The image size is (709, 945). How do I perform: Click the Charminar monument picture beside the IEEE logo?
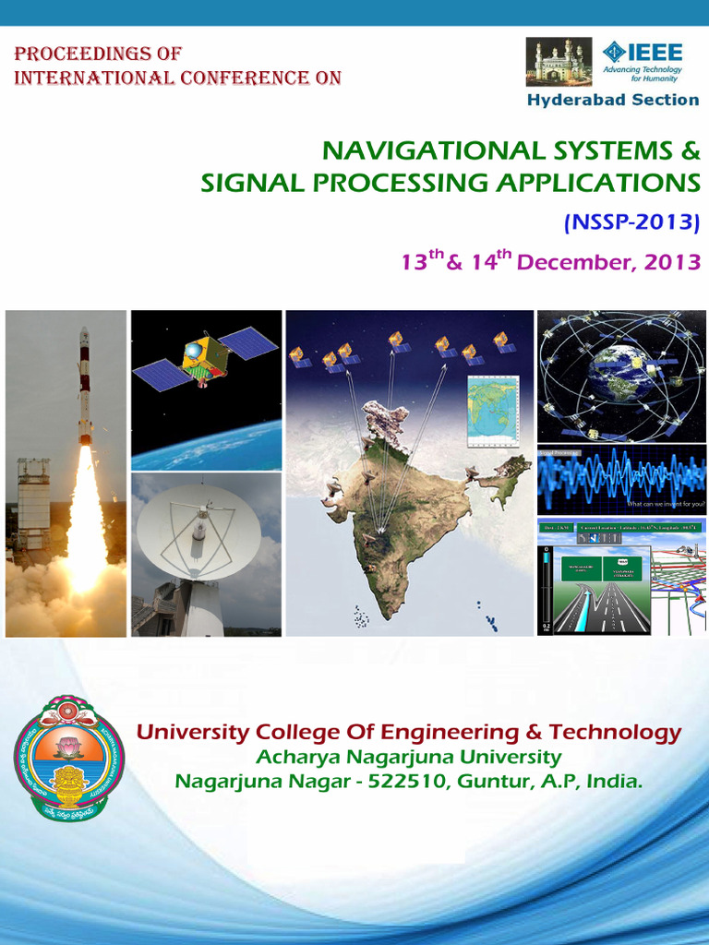pyautogui.click(x=559, y=62)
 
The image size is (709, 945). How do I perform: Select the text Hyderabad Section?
pyautogui.click(x=612, y=100)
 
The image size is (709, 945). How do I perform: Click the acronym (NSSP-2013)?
pyautogui.click(x=631, y=221)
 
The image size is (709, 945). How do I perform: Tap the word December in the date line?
pyautogui.click(x=572, y=262)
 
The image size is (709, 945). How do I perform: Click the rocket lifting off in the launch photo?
pyautogui.click(x=84, y=388)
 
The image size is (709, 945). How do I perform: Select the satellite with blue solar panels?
pyautogui.click(x=205, y=357)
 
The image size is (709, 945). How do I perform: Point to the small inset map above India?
pyautogui.click(x=493, y=411)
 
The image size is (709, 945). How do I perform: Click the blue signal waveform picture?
pyautogui.click(x=620, y=480)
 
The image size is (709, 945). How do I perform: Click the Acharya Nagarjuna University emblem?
pyautogui.click(x=68, y=758)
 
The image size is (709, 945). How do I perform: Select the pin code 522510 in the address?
pyautogui.click(x=402, y=782)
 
